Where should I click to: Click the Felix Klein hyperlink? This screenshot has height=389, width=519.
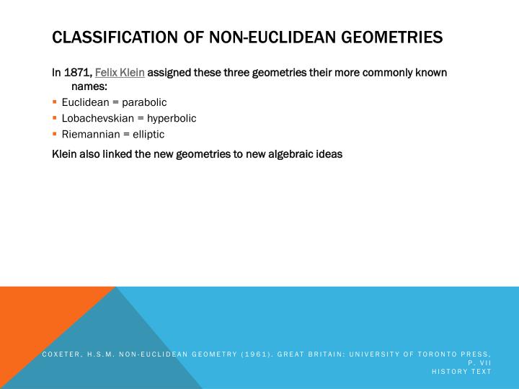coord(120,73)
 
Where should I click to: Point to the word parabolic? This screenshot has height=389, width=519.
coord(143,102)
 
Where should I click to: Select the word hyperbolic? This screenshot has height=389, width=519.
coord(172,118)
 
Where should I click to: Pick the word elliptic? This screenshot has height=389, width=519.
coord(147,134)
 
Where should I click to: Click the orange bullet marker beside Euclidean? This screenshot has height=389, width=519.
coord(55,102)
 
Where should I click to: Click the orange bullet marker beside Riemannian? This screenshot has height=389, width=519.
coord(55,134)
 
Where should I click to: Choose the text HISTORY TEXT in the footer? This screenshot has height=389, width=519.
coord(461,371)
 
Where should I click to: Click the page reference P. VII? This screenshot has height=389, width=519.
coord(479,362)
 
